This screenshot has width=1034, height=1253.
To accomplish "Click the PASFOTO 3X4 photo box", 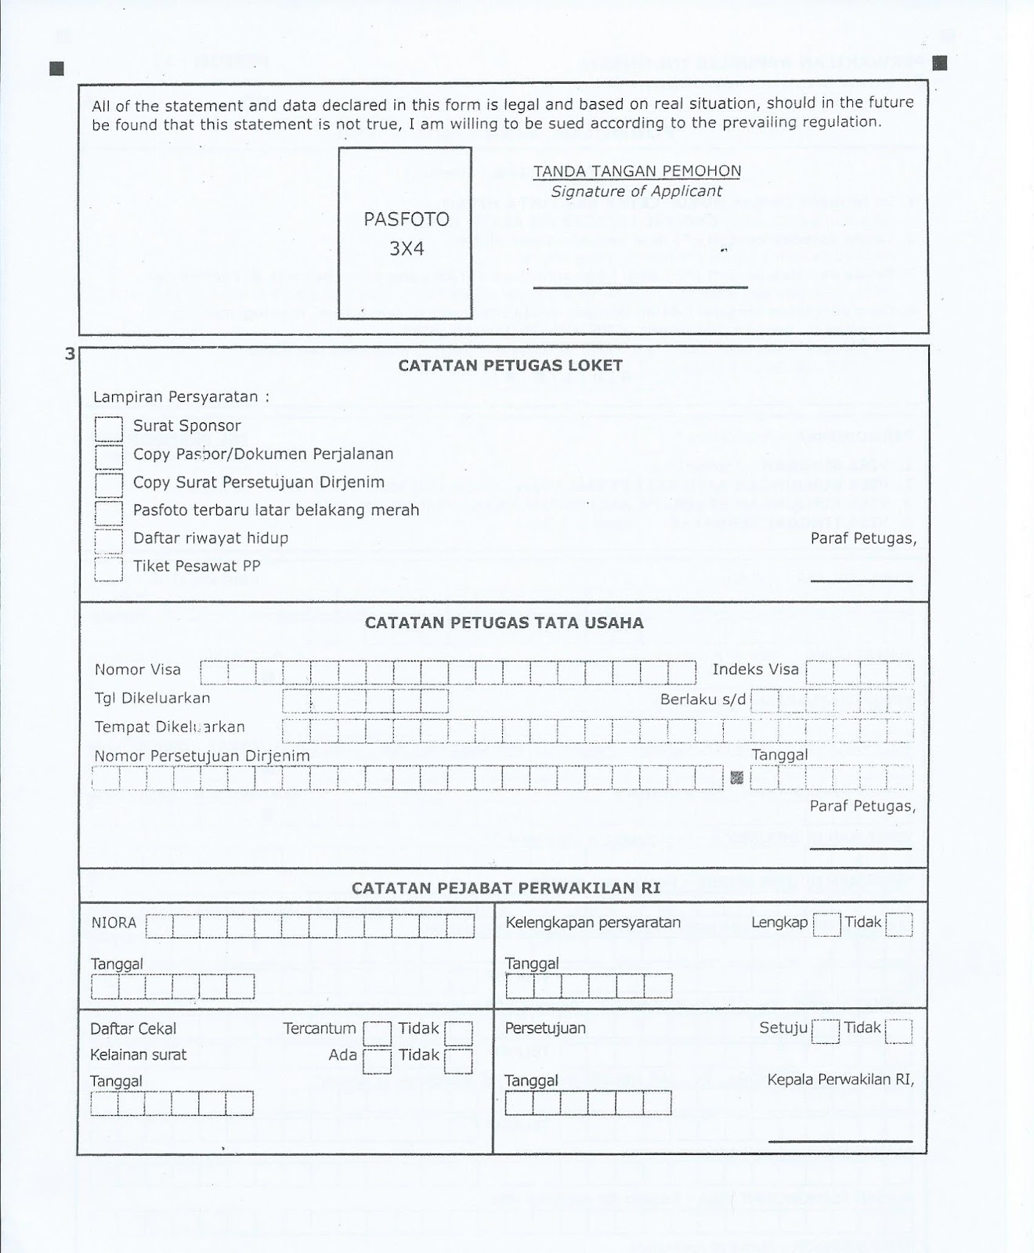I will coord(405,233).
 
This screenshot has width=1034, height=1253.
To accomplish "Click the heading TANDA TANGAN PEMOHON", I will coord(636,171).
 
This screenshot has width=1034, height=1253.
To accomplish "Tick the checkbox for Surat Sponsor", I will coord(109,428).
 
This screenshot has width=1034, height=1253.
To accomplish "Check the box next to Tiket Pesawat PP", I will coord(109,569).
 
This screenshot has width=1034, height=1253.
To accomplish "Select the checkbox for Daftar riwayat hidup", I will coord(109,540).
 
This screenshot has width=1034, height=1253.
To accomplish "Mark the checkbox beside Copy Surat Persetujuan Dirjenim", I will coord(109,485).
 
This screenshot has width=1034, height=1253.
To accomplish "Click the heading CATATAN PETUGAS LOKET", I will coord(510,365).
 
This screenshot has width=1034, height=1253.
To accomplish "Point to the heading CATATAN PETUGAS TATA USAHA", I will coord(504,623).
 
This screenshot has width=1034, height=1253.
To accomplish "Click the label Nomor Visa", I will coord(138,670).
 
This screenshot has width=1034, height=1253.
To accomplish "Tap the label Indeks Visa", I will coord(755,670).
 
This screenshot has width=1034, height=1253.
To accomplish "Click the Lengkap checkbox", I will coord(826,925).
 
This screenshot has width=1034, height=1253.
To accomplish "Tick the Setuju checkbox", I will coord(826,1031).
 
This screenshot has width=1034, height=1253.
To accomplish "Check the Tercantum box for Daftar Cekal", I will coord(377,1033).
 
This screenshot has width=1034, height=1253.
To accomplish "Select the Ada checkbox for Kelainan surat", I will coord(377,1060).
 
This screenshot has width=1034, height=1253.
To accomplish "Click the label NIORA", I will coord(114,923).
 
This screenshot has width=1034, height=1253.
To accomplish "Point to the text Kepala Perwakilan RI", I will coord(841,1079).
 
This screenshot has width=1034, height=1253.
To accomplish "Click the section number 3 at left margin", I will coord(70,354).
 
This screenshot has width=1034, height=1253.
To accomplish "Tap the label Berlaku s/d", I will coord(703,699).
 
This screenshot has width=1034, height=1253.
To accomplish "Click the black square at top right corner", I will coord(941,63).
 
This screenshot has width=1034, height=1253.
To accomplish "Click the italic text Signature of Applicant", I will coord(636,191).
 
